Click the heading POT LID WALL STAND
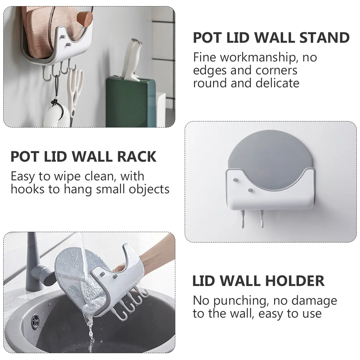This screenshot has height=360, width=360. click(x=271, y=37)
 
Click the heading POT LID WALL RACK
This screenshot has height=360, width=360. click(x=84, y=157)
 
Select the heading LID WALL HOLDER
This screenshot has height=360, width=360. click(x=259, y=281)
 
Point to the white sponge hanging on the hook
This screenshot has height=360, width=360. click(x=56, y=117)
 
